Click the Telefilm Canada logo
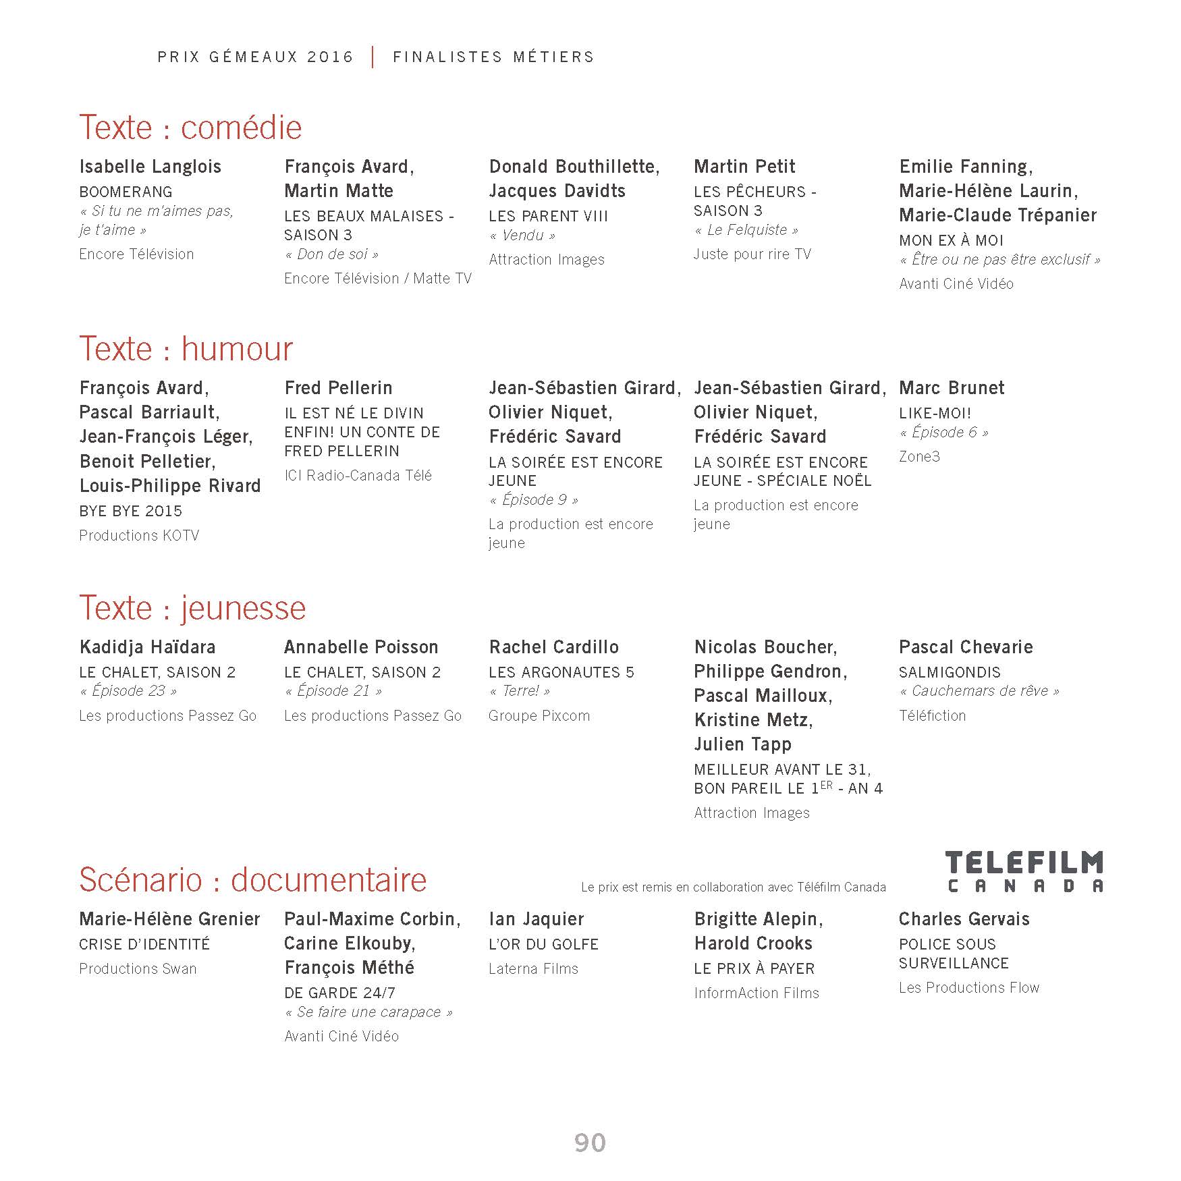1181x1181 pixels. (x=1024, y=871)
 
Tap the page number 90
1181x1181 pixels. (x=590, y=1143)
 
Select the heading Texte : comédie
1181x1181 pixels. (x=190, y=128)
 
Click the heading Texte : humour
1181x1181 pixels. (x=186, y=349)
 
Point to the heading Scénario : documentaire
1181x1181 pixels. (x=252, y=879)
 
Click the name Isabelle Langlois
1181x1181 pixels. (x=150, y=167)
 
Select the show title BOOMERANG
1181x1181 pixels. (x=126, y=192)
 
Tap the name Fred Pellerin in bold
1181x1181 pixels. (x=338, y=388)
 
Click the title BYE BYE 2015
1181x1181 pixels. (x=130, y=511)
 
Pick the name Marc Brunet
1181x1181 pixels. (x=952, y=388)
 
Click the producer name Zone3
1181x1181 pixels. (x=919, y=456)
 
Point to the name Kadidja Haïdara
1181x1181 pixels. (x=147, y=647)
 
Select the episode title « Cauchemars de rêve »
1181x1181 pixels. (x=979, y=691)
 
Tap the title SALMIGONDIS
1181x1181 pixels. (x=950, y=672)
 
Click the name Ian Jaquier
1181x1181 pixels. (x=537, y=919)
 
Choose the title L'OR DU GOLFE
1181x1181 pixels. (x=543, y=944)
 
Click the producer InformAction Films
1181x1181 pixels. (x=756, y=993)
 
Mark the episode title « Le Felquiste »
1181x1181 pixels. (x=746, y=230)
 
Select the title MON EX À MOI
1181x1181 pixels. (x=951, y=240)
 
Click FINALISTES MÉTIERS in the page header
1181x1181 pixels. (x=493, y=57)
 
